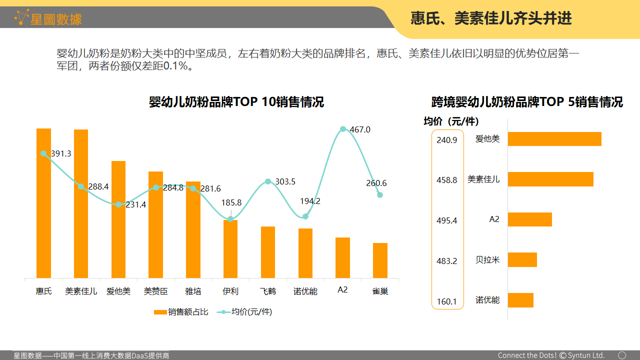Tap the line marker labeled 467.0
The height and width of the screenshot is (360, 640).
click(343, 129)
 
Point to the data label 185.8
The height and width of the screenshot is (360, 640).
click(231, 202)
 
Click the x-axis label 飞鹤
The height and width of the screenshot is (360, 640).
click(268, 291)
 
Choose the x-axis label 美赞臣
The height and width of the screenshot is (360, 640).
click(155, 291)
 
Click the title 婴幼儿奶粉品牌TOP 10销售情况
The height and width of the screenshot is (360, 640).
click(236, 102)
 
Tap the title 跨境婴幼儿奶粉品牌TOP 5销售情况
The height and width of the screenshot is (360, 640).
click(527, 102)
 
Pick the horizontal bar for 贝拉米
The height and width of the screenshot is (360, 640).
click(522, 260)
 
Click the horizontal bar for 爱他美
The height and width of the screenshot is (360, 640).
click(554, 139)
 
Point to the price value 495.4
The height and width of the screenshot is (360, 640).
click(447, 220)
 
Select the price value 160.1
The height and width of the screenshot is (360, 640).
click(447, 301)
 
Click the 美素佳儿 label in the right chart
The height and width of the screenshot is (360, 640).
click(483, 179)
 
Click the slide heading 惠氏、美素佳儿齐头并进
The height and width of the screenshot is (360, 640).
click(491, 18)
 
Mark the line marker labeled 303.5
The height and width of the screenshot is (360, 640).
click(268, 181)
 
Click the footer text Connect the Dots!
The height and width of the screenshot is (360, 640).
click(527, 355)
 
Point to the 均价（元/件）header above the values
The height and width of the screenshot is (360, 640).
click(451, 121)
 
